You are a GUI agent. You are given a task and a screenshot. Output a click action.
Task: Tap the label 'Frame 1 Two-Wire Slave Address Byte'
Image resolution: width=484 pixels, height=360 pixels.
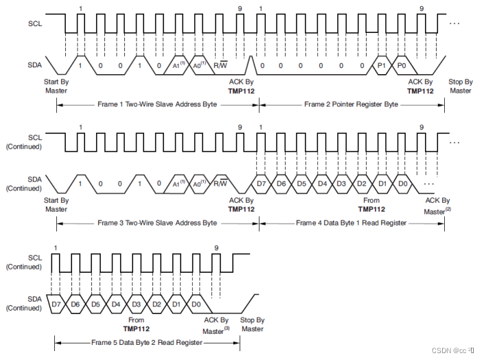158,104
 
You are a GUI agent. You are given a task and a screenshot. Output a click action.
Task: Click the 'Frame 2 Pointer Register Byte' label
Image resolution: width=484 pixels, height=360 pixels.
352,104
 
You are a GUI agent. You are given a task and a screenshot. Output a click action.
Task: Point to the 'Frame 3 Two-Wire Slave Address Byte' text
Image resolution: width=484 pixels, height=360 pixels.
158,223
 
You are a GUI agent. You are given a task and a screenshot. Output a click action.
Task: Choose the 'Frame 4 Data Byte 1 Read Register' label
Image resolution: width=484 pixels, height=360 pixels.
352,223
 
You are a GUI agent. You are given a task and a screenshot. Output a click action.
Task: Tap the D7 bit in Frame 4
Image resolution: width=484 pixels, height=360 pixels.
262,184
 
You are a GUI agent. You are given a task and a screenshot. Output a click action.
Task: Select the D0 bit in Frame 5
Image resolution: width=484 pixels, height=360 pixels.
196,304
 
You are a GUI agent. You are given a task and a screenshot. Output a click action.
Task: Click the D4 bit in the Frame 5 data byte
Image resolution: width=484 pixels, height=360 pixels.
117,304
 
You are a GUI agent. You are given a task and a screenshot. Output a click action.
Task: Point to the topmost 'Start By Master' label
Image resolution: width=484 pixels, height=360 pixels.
56,86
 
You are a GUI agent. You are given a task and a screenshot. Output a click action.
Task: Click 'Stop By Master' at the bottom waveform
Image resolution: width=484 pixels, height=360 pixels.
252,324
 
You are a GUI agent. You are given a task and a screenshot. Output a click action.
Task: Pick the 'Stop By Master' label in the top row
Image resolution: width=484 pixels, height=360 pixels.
461,86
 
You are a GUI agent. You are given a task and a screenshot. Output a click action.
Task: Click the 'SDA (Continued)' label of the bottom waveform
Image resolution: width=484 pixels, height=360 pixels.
24,303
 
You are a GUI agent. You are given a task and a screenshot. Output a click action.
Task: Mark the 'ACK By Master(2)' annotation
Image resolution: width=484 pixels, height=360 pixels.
437,205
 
